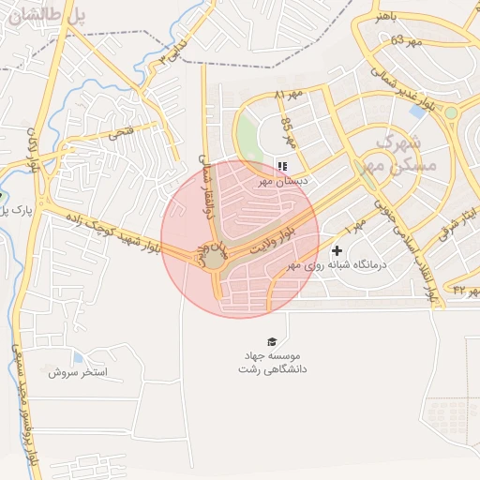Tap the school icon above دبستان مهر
(x=282, y=166)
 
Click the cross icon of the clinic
(x=337, y=250)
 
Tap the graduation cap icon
(x=272, y=341)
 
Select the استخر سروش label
(x=80, y=372)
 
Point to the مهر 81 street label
(x=292, y=96)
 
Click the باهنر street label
(x=387, y=17)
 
